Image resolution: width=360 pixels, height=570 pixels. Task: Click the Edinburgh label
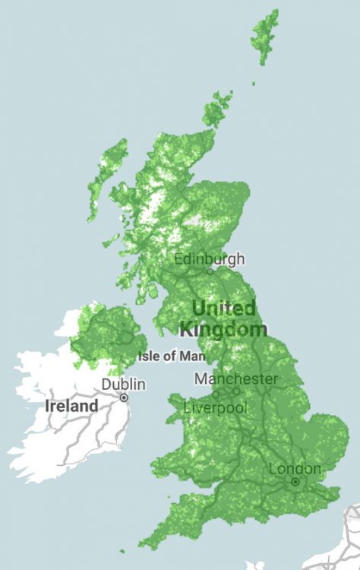click(x=210, y=258)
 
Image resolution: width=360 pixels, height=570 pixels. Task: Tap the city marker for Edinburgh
click(x=210, y=271)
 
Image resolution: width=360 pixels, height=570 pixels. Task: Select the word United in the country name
click(x=224, y=309)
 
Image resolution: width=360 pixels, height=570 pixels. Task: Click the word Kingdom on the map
click(x=223, y=329)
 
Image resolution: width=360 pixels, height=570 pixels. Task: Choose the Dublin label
click(x=124, y=385)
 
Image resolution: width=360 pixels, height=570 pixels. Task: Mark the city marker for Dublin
click(x=124, y=397)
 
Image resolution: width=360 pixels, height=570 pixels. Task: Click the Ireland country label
click(x=72, y=406)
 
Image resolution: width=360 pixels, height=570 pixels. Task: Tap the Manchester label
click(x=236, y=378)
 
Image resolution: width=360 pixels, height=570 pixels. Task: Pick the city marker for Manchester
click(x=236, y=391)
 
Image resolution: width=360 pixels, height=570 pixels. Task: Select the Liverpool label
click(x=216, y=408)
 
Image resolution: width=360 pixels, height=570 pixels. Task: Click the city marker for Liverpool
click(x=216, y=394)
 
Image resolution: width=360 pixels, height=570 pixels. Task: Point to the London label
click(x=295, y=468)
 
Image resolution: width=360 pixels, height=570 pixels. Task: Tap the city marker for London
click(x=295, y=482)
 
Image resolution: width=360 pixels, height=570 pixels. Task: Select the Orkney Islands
click(x=217, y=110)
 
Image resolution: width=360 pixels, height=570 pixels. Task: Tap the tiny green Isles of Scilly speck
click(x=122, y=551)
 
